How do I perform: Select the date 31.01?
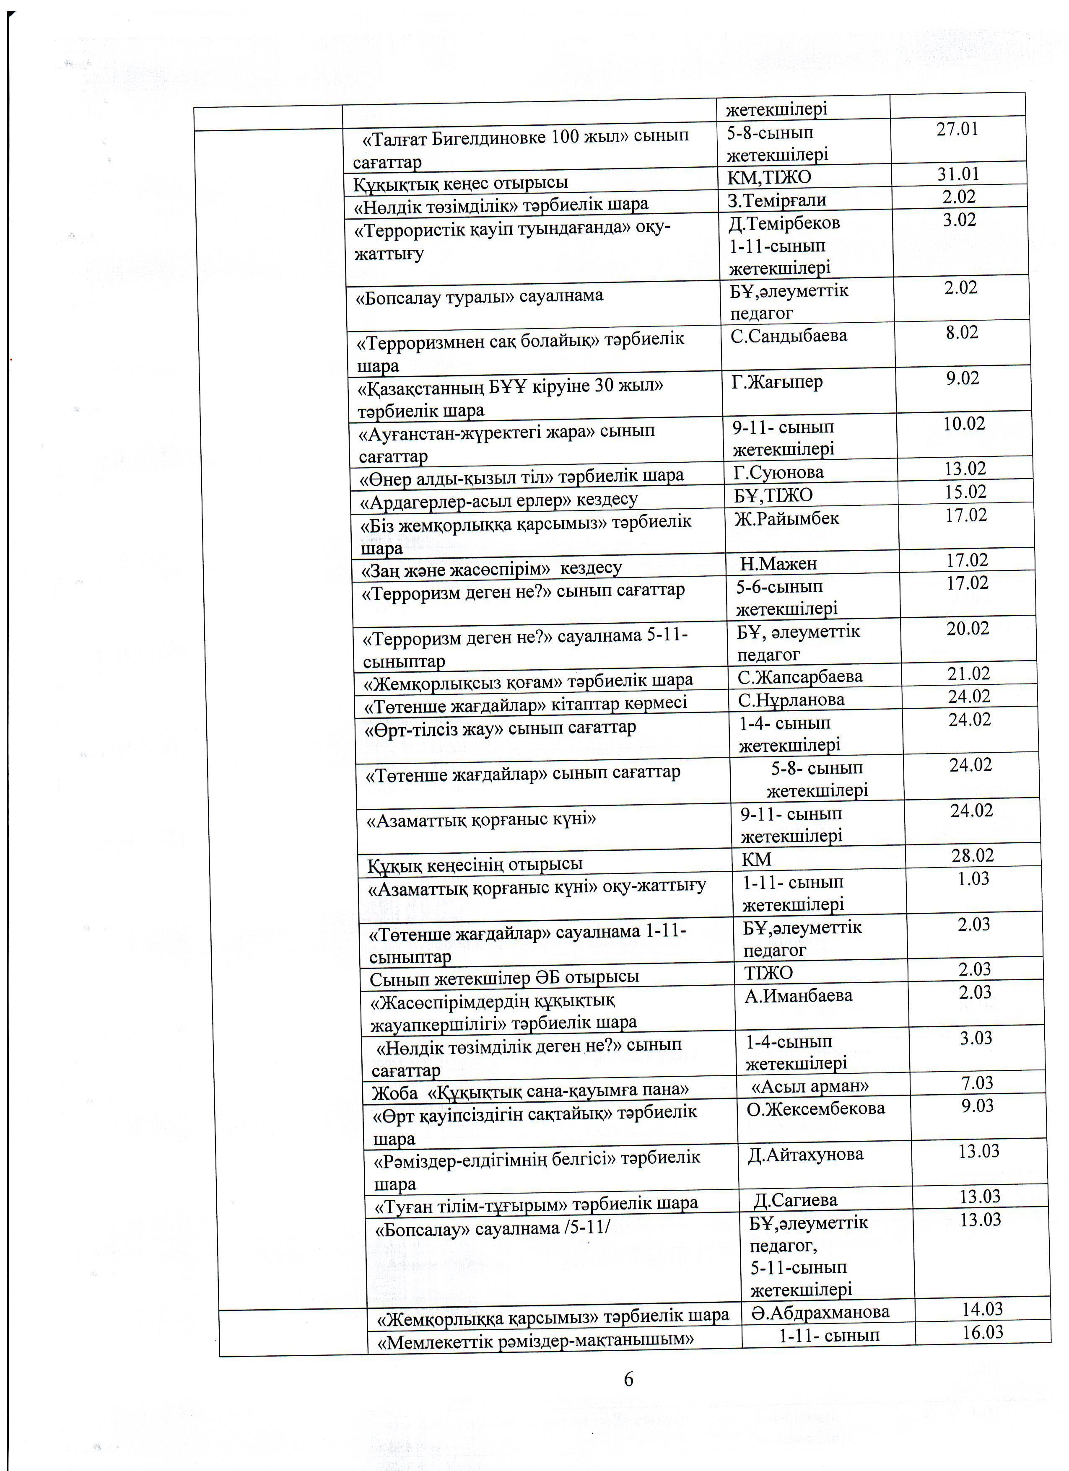pos(957,174)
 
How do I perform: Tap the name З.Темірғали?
pos(776,200)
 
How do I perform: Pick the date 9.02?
pos(962,378)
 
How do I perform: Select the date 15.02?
pos(965,492)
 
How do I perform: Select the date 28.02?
pos(972,855)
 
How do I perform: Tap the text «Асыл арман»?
pos(810,1085)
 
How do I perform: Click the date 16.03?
pos(983,1332)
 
